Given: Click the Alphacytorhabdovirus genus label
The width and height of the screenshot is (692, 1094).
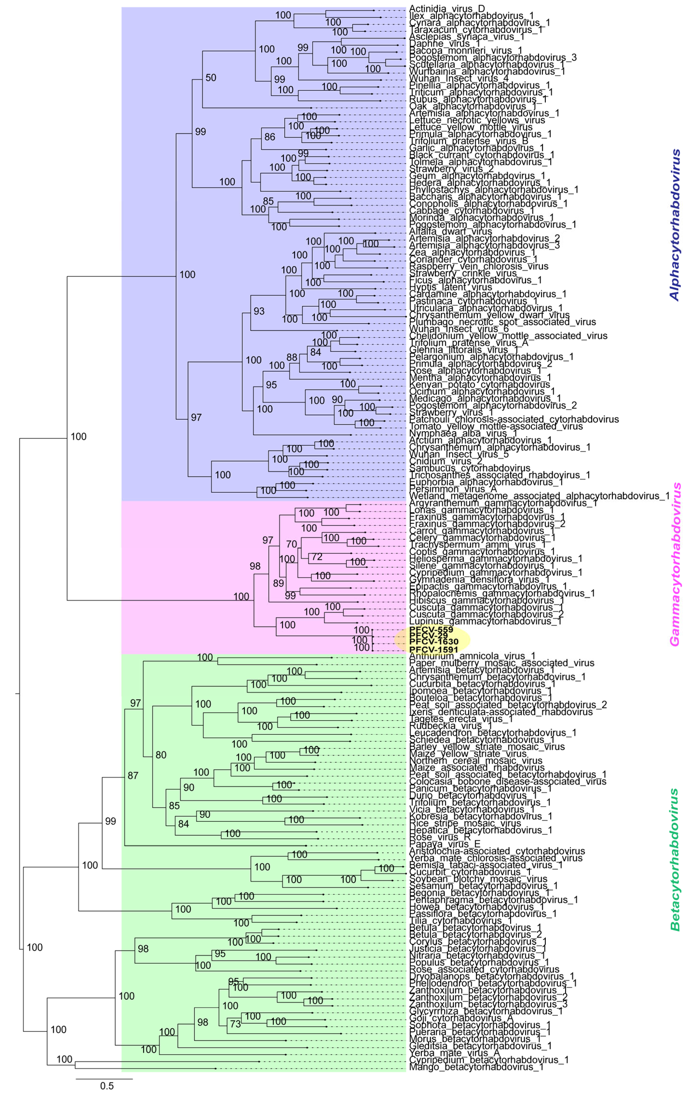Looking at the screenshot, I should tap(675, 225).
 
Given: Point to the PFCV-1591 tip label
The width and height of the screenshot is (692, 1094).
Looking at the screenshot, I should tap(433, 650).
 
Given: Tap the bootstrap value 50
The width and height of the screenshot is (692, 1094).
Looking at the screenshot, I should tap(211, 78).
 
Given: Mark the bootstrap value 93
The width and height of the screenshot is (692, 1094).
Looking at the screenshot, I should tap(259, 311).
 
